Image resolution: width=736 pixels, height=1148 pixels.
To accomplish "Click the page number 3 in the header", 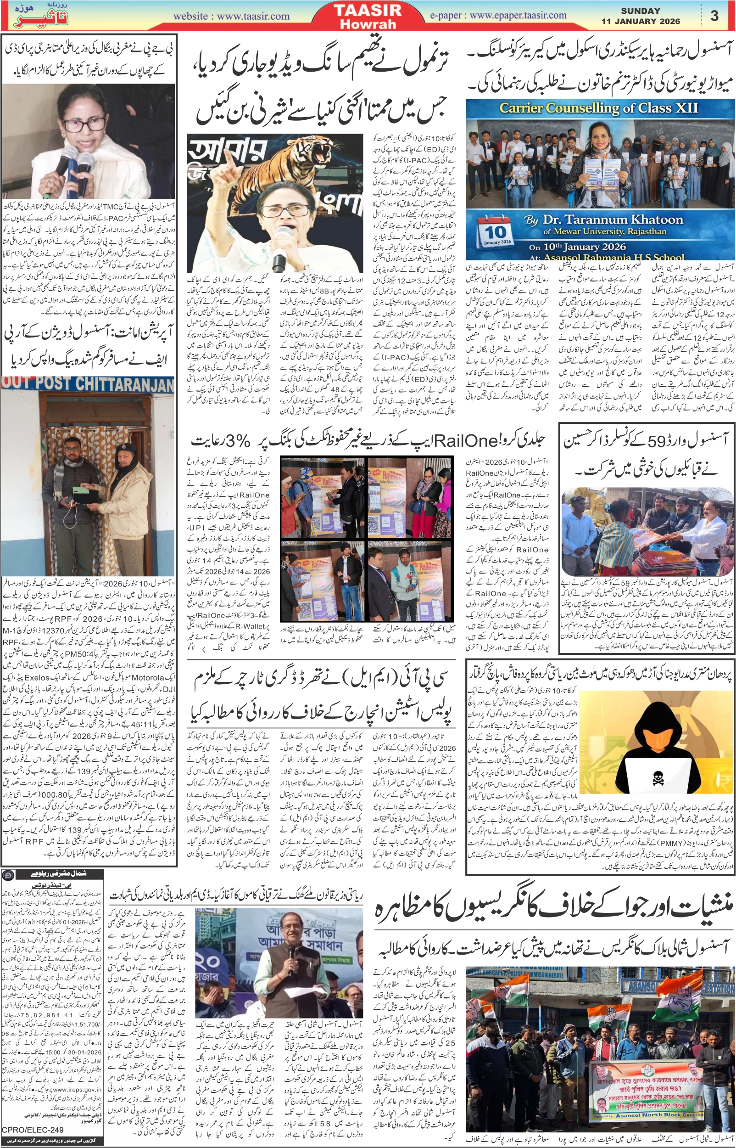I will [x=714, y=16].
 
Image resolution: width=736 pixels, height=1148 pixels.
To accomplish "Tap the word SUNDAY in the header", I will [x=641, y=11].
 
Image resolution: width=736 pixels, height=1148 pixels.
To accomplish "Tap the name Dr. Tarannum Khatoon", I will [x=612, y=220].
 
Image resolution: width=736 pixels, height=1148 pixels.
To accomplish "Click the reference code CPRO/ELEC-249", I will [x=33, y=1129].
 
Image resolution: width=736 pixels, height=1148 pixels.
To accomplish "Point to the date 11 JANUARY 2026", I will [x=640, y=22].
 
